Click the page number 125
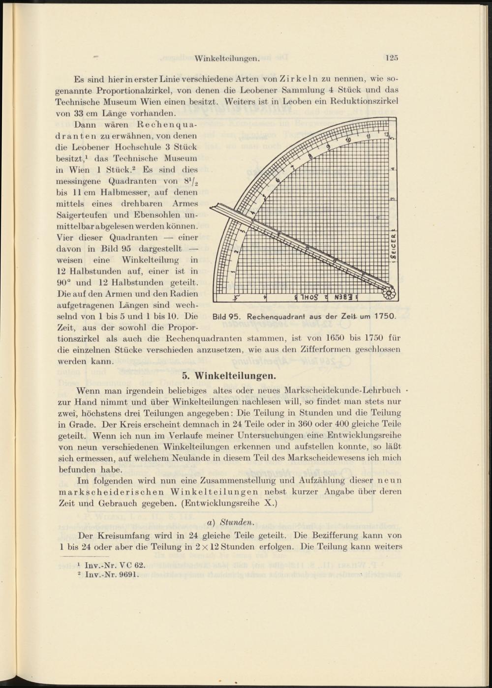point(391,58)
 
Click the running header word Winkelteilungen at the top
point(227,59)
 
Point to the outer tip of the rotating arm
point(212,209)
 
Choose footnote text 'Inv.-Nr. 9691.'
point(113,574)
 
